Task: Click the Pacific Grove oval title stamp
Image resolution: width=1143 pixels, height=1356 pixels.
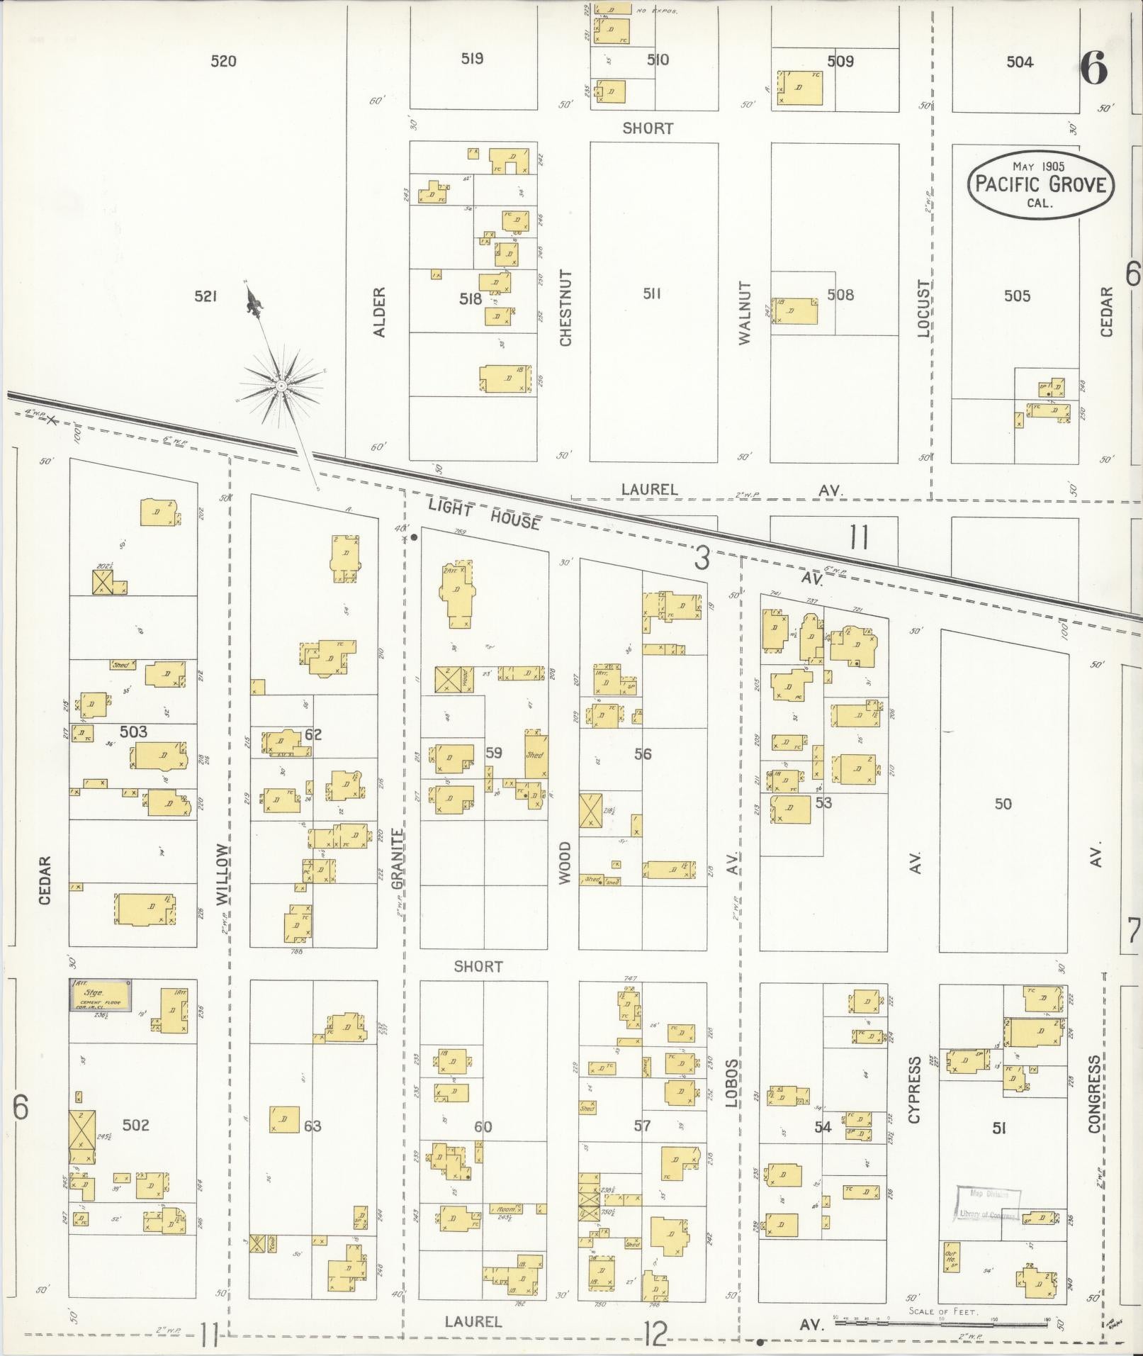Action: [1040, 184]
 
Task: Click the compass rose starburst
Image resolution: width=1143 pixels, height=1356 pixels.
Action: [281, 386]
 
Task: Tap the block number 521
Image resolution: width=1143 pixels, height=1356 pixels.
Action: [205, 296]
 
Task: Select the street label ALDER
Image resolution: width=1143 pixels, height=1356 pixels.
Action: [379, 312]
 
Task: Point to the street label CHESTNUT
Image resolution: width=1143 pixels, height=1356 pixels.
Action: [565, 308]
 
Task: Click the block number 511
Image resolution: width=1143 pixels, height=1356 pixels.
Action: [651, 294]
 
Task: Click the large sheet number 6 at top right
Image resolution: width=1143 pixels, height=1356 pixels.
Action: [1093, 69]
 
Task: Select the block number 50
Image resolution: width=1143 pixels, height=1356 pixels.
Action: [1003, 804]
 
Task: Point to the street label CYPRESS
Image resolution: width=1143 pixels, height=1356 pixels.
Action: [914, 1099]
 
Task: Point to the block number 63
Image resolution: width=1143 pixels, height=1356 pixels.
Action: [313, 1126]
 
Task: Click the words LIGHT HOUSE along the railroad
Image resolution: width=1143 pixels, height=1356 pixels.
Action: [484, 513]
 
